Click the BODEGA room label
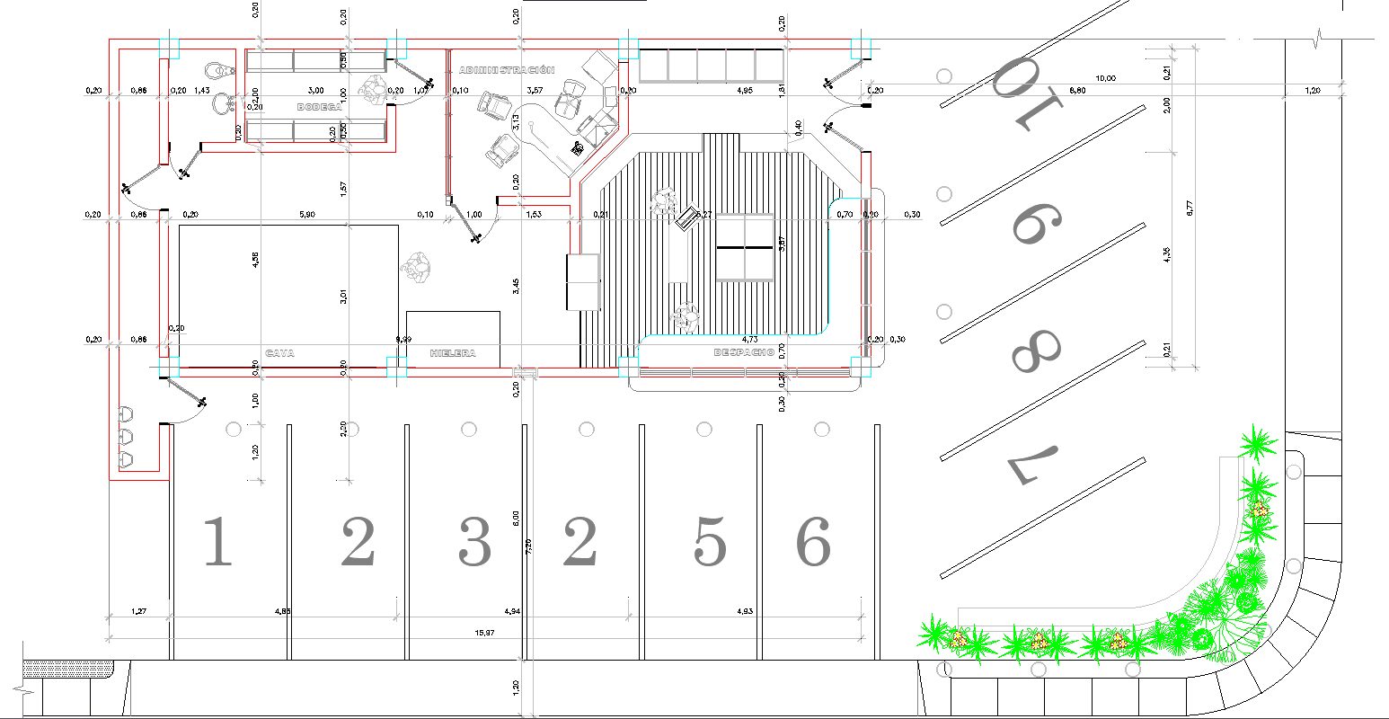[x=319, y=107]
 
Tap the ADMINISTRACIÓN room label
[x=507, y=70]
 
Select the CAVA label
[x=280, y=353]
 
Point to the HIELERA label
[x=452, y=353]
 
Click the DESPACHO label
[x=744, y=352]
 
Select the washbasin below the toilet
[x=221, y=105]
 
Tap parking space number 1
[x=217, y=542]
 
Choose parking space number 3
[x=474, y=542]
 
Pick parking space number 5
[x=710, y=542]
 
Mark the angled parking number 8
[x=1036, y=351]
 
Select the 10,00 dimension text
[x=1105, y=79]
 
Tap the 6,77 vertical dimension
[x=1190, y=208]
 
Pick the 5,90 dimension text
[x=306, y=215]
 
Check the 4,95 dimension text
[x=744, y=91]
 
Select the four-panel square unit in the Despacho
[x=745, y=247]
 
